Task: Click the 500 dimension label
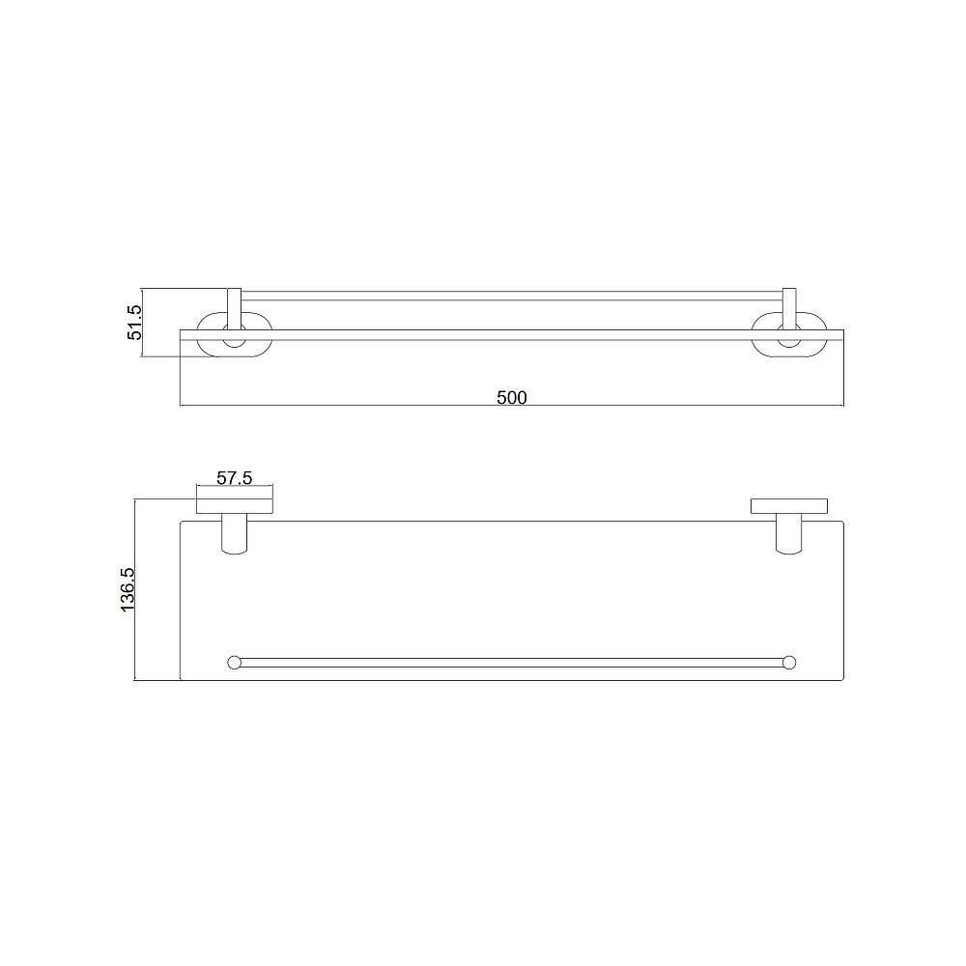511,397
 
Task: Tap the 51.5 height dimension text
134,323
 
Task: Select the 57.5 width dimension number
235,477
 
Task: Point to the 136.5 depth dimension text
128,589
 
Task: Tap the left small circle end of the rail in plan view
234,663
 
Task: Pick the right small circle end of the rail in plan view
789,663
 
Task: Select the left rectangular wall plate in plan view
235,506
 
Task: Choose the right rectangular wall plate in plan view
789,506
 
